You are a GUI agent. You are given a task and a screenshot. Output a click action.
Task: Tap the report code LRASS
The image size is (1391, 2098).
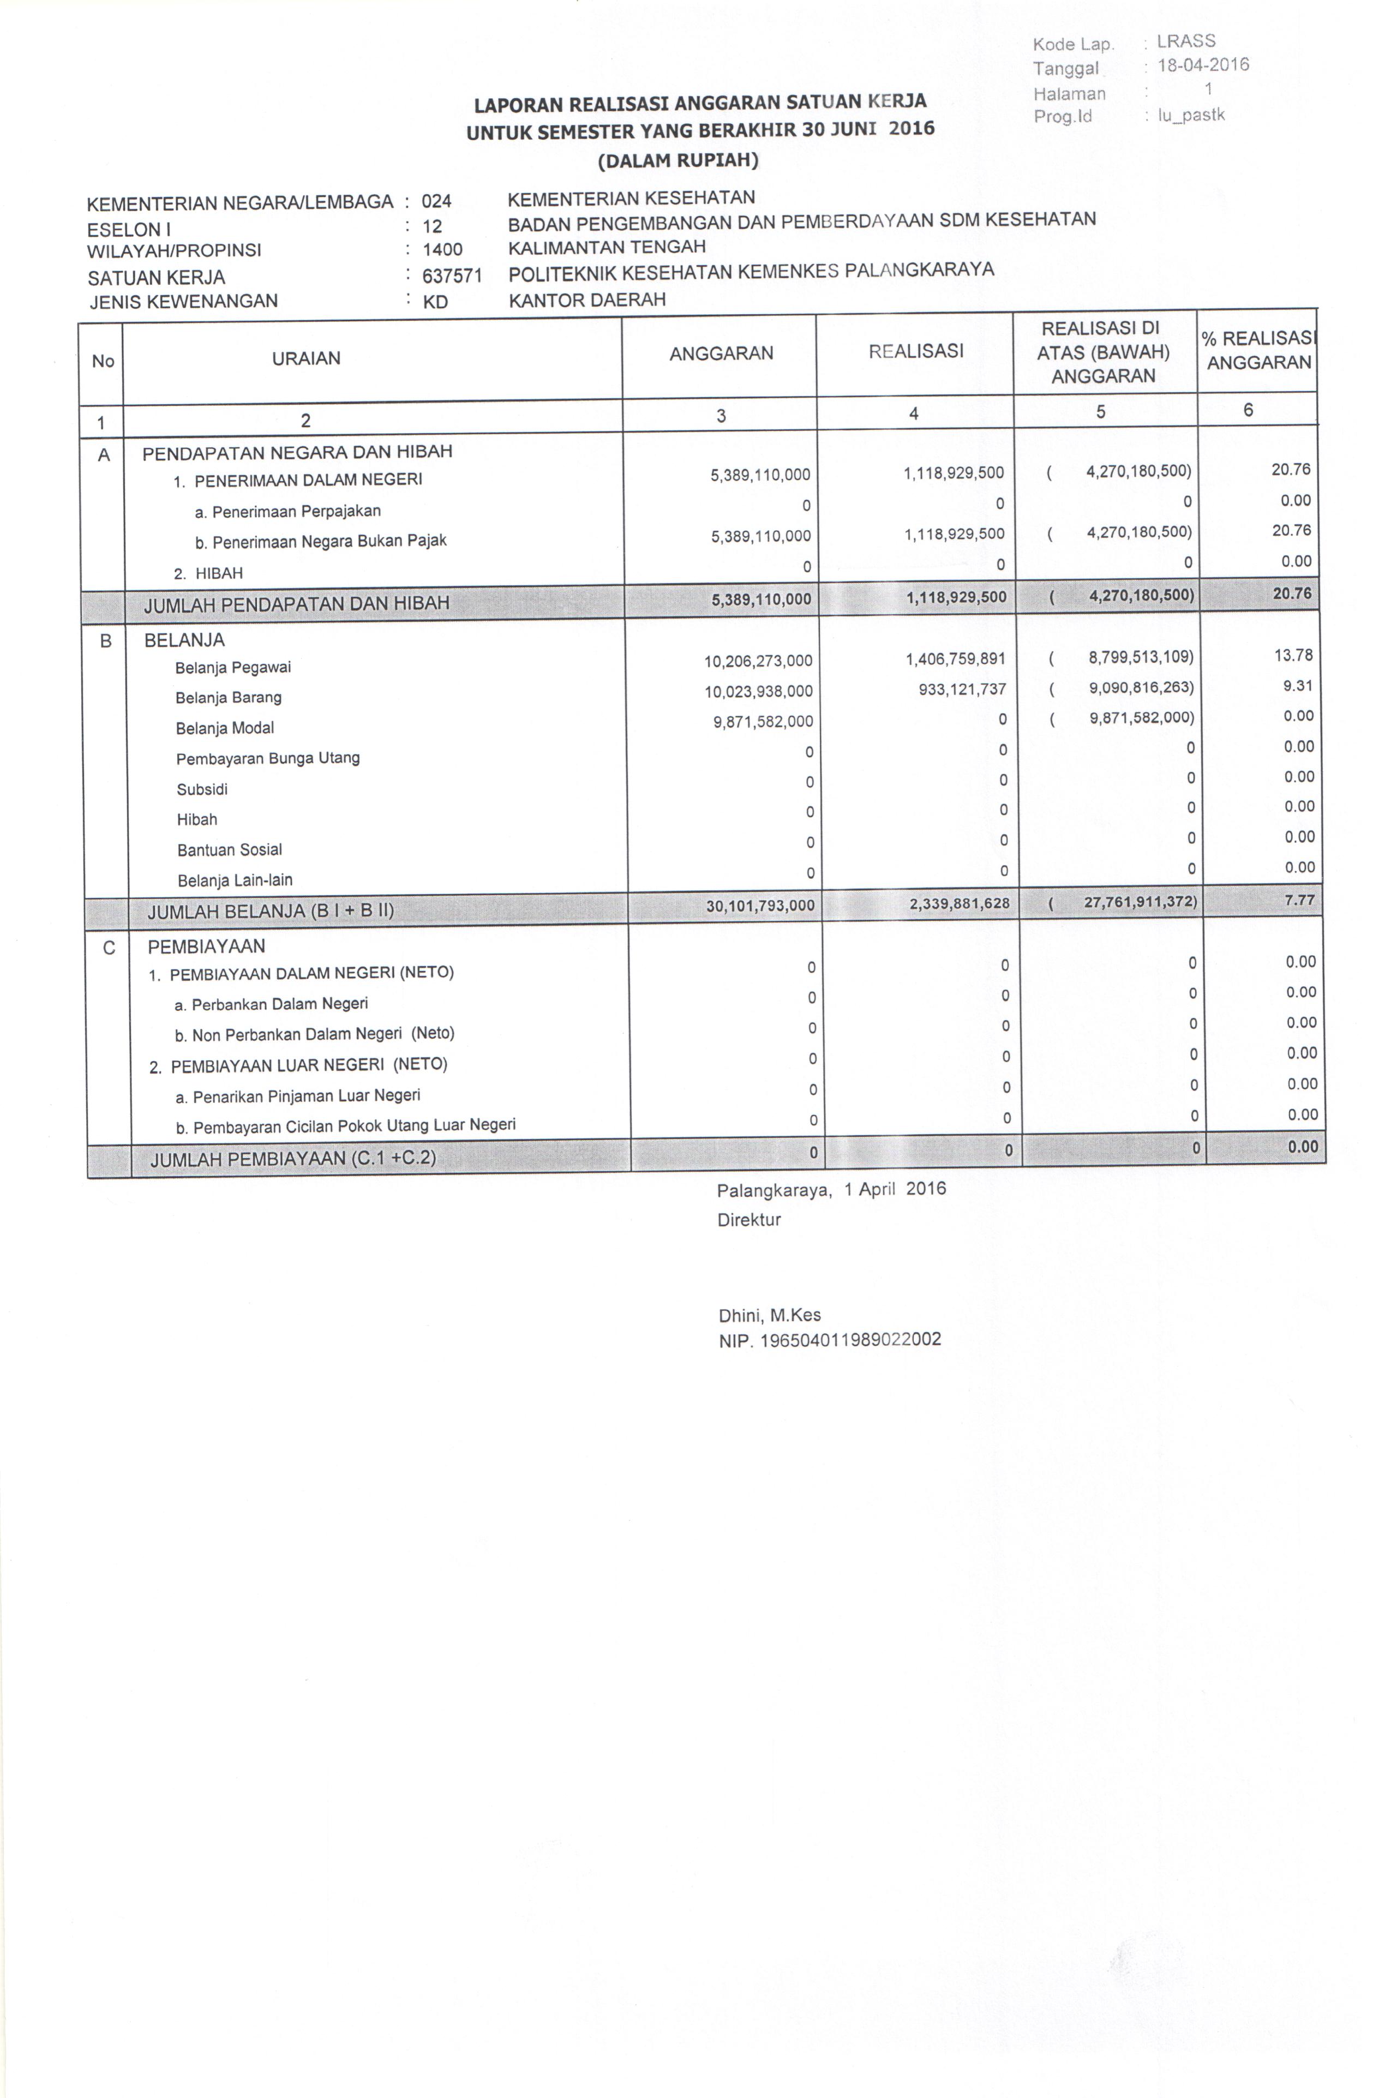pyautogui.click(x=1185, y=41)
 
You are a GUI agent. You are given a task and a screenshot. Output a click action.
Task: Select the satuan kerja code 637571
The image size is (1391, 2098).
pyautogui.click(x=452, y=276)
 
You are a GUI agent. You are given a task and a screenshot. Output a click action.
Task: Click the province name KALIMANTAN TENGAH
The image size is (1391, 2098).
pyautogui.click(x=607, y=247)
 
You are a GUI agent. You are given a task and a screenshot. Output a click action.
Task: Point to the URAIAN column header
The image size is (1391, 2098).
pyautogui.click(x=306, y=358)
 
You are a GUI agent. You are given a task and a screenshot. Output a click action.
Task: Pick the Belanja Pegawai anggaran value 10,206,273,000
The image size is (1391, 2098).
pyautogui.click(x=758, y=661)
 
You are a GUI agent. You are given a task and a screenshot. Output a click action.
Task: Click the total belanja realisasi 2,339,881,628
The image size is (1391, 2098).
pyautogui.click(x=959, y=904)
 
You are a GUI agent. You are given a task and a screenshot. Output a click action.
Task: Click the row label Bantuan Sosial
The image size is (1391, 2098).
pyautogui.click(x=229, y=850)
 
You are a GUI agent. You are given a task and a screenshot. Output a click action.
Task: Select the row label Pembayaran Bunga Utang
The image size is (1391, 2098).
pyautogui.click(x=267, y=758)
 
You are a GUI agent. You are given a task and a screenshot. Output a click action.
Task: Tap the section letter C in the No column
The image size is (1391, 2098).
pyautogui.click(x=109, y=948)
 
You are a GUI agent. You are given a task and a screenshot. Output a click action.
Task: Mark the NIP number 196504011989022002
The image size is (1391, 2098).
pyautogui.click(x=829, y=1340)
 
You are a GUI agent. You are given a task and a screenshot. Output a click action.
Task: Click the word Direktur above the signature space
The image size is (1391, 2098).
pyautogui.click(x=749, y=1220)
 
